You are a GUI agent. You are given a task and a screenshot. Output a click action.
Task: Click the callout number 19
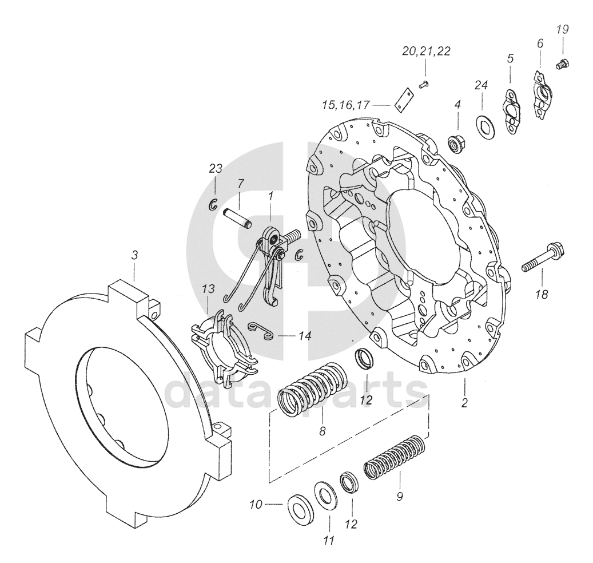click(x=564, y=29)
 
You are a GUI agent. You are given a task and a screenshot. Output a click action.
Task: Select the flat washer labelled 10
click(x=299, y=505)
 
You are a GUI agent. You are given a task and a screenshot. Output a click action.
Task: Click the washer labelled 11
click(x=324, y=493)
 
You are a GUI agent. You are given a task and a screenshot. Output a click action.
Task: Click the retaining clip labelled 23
click(x=213, y=204)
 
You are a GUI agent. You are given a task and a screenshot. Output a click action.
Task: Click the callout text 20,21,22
click(x=426, y=51)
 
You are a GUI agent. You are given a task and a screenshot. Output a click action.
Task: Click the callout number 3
click(x=134, y=256)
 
